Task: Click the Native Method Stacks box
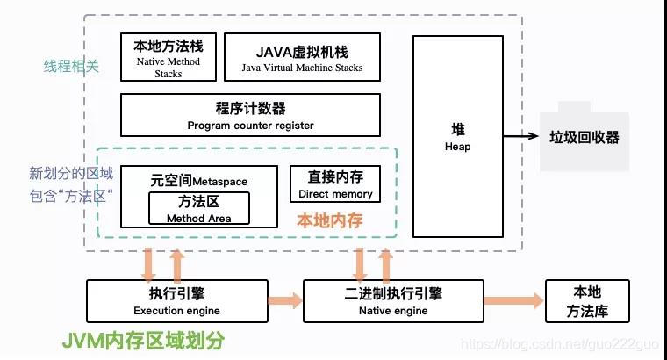coord(168,56)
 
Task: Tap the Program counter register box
coord(250,115)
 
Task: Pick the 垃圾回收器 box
coord(584,137)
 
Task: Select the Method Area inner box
coord(198,208)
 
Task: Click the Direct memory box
coord(335,184)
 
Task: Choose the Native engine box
coord(392,300)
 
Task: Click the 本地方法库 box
coord(588,300)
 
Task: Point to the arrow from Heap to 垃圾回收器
coord(520,136)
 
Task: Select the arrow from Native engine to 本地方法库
coord(513,301)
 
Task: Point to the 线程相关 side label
coord(71,66)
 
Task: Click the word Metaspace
coord(219,182)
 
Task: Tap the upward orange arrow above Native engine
coord(385,263)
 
